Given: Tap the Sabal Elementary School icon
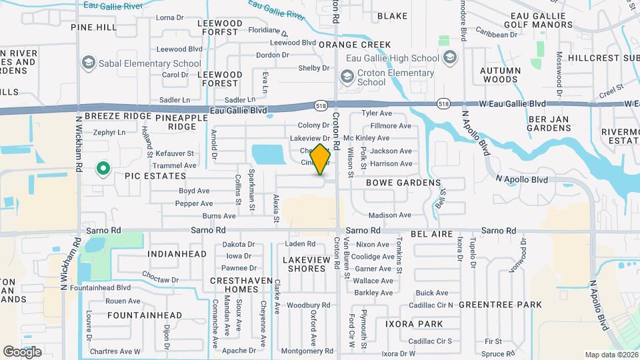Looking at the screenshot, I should tap(87, 63).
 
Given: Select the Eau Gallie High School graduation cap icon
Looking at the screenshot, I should tap(449, 57).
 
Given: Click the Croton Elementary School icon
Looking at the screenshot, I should tap(347, 77).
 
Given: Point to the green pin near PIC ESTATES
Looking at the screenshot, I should tap(103, 169).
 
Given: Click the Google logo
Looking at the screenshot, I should tap(23, 351).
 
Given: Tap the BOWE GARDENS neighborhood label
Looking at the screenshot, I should tap(403, 182).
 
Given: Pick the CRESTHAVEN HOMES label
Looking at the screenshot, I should tap(233, 285).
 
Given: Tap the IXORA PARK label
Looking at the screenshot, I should tap(413, 324).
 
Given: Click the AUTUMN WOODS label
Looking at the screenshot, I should tap(500, 74).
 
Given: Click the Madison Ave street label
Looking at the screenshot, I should tap(389, 215).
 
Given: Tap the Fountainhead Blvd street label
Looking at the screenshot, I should tap(104, 288).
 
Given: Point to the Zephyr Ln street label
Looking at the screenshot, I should tap(109, 133).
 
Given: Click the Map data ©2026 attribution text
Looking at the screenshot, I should tap(610, 354).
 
